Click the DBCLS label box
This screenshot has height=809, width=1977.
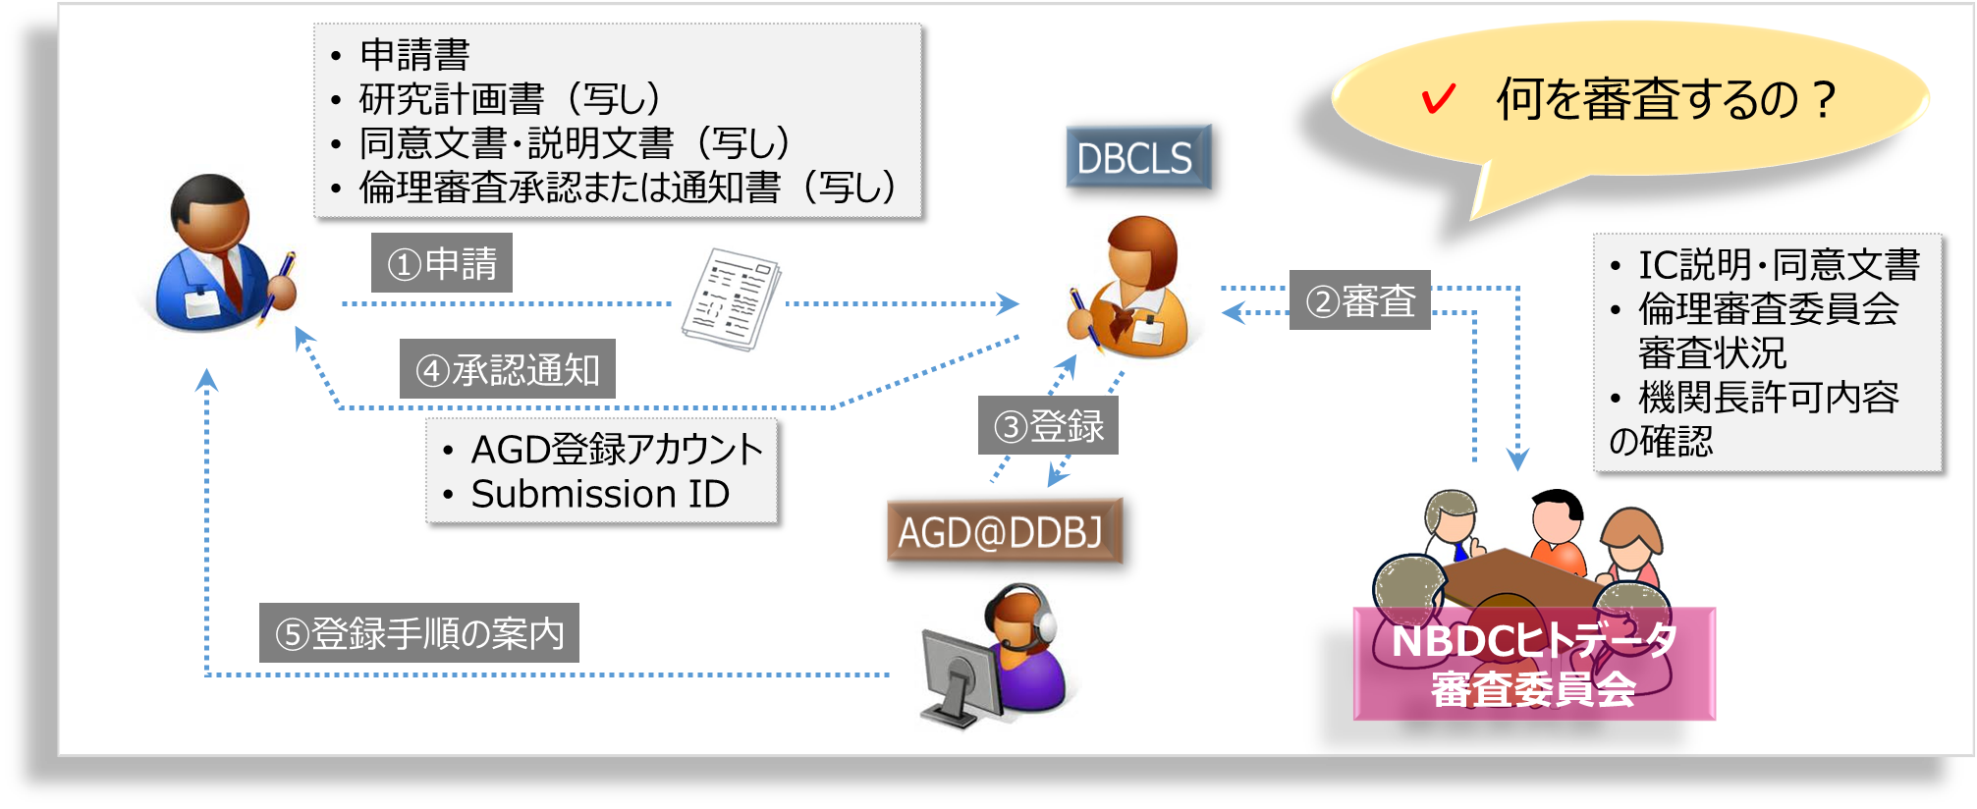1138,157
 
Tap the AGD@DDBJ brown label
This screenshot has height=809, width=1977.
1004,531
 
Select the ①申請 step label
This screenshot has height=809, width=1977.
442,263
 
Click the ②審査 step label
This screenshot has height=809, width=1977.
1360,299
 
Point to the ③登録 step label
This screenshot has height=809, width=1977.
1048,425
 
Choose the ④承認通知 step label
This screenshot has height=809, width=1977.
508,369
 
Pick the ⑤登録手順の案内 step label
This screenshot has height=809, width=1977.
419,633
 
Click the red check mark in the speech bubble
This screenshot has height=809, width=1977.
1438,98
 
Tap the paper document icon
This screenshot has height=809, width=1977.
732,298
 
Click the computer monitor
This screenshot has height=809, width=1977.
960,677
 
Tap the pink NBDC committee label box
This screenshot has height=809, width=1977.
1534,664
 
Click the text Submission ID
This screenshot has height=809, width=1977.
600,494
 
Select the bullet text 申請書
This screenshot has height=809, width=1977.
414,54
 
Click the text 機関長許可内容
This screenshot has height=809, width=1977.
1769,397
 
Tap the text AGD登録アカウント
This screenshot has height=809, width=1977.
617,449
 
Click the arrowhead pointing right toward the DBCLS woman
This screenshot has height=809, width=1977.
1009,303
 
